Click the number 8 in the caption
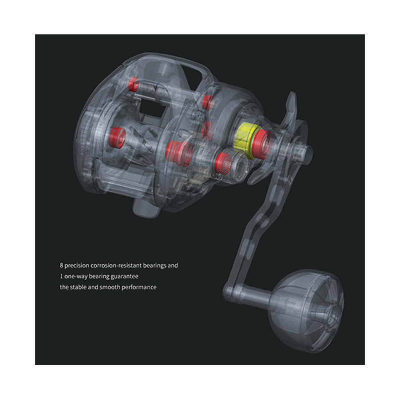point(62,266)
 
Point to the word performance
point(139,287)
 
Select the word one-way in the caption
point(76,276)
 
